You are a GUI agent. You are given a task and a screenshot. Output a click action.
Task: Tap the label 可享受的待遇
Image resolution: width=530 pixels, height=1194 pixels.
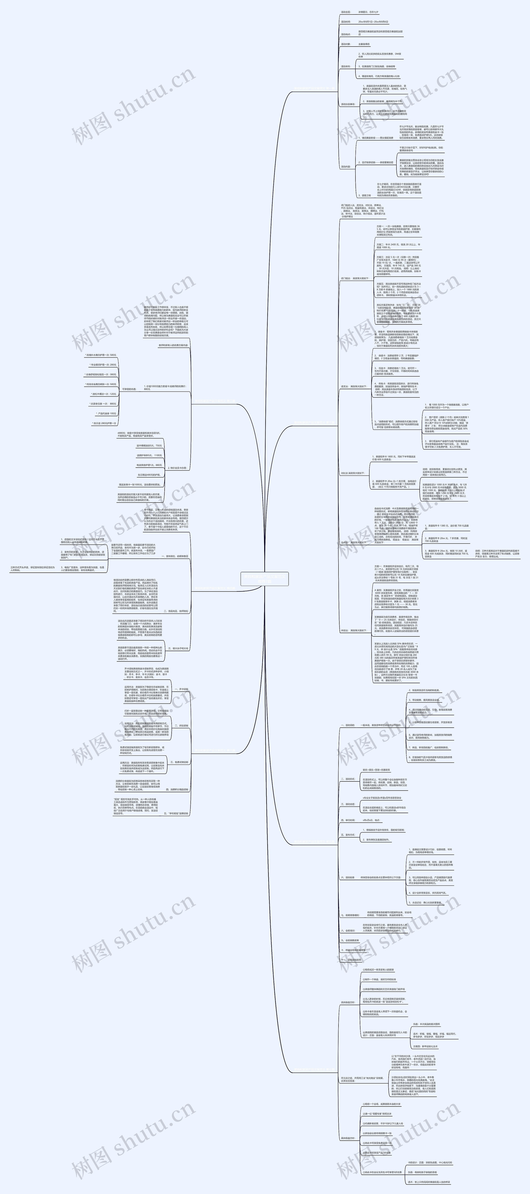(129, 389)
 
